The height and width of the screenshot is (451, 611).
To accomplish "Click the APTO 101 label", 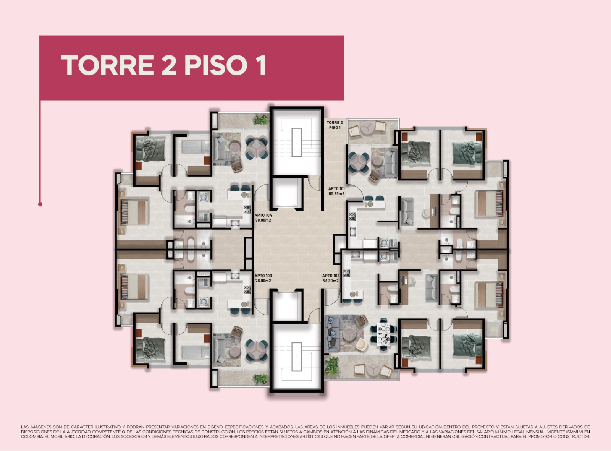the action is point(336,189).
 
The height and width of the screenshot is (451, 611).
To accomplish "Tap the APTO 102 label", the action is point(331,276).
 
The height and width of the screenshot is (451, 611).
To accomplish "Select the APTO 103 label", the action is point(263,276).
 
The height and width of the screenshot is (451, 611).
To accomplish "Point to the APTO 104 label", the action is point(263,215).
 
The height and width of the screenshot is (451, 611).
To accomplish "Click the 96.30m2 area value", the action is point(331,281).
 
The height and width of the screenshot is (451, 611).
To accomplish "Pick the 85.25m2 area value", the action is point(336,193).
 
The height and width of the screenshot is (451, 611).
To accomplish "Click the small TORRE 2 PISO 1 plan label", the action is point(335,125).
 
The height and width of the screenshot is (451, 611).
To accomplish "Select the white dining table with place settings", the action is point(383,334).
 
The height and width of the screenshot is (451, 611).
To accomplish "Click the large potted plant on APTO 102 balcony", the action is point(333,365).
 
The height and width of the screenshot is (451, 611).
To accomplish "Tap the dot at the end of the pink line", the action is point(40,204).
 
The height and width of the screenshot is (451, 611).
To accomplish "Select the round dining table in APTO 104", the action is point(256,149).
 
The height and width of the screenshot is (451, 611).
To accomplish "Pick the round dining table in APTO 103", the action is point(256,350).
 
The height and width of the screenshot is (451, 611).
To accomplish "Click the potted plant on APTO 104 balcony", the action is point(261,120).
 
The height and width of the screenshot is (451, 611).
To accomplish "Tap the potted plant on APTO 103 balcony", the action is point(261,378).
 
